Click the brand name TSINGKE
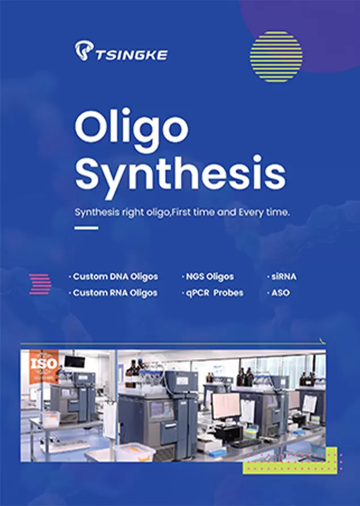(x=131, y=54)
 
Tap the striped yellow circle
(x=276, y=56)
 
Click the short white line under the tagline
(x=87, y=228)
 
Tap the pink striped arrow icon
(x=40, y=284)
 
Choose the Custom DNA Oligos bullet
(x=114, y=277)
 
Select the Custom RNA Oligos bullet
(x=114, y=293)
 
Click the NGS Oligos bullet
(x=208, y=277)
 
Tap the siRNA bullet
(x=282, y=277)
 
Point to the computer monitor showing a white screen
(x=226, y=406)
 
